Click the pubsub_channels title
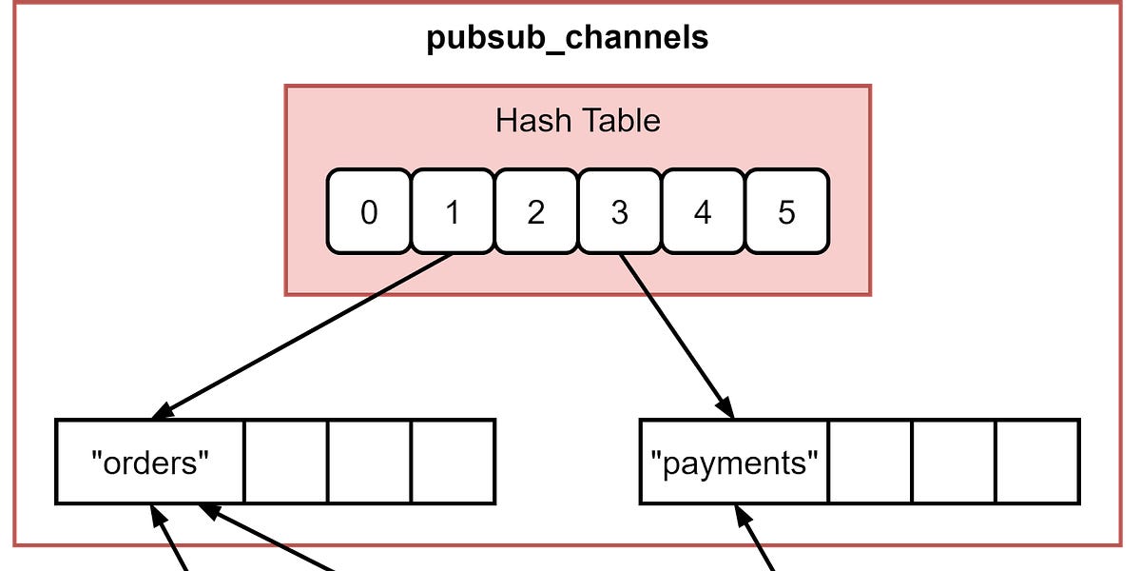pos(567,38)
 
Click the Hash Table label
pos(577,121)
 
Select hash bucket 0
pos(369,212)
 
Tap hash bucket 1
pos(453,212)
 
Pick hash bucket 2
pos(535,212)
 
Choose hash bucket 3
pos(619,212)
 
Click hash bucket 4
pos(703,212)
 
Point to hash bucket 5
pos(786,212)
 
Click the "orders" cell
pos(150,462)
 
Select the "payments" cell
pos(734,462)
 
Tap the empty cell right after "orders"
pos(286,462)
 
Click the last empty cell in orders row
pos(453,462)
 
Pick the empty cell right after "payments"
pos(870,462)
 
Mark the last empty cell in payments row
pos(1037,462)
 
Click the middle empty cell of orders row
pos(369,462)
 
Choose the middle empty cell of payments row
pos(954,462)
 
